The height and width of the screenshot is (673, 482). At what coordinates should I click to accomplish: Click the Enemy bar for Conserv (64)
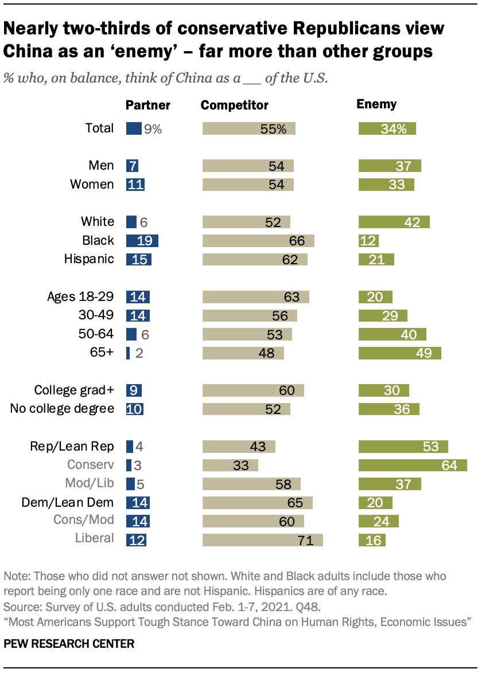coord(412,465)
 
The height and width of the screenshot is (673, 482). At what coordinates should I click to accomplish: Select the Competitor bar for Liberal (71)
coord(262,539)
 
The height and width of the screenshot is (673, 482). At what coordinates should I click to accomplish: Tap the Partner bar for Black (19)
coord(142,241)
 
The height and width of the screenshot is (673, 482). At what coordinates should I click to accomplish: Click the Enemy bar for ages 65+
coord(399,353)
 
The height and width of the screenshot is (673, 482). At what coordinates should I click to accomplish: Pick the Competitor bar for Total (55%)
coord(248,129)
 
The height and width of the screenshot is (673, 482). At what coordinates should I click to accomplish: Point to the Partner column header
coord(148,105)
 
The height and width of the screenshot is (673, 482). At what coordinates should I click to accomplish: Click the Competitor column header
coord(234,105)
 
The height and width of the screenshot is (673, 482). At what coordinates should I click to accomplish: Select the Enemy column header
coord(376,104)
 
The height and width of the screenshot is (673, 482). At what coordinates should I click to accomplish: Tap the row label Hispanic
coord(89,259)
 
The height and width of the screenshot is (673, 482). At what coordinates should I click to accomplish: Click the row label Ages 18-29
coord(80,297)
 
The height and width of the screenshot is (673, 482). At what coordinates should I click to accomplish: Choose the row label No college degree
coord(63,409)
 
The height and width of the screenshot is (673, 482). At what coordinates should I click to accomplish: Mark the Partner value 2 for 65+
coord(138,353)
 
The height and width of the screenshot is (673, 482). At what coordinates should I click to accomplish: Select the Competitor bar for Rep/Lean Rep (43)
coord(239,447)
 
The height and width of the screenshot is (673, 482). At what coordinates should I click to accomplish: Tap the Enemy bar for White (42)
coord(394,222)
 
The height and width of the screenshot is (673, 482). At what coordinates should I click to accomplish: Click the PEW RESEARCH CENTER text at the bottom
coord(69,644)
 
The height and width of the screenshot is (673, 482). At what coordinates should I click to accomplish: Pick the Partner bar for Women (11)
coord(135,185)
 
